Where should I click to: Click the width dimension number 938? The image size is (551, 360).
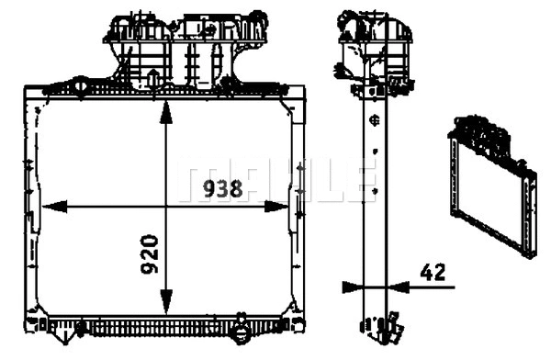click(x=222, y=189)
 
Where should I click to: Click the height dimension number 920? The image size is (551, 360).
click(x=151, y=254)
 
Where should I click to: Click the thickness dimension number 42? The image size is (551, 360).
click(x=433, y=271)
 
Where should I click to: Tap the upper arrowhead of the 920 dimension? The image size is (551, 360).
click(x=165, y=111)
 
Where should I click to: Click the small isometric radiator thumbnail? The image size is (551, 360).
click(x=492, y=184)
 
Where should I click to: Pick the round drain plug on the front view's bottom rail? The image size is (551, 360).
click(x=241, y=332)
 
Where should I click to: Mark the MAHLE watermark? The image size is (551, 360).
click(x=275, y=179)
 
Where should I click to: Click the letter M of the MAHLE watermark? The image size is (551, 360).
click(x=205, y=179)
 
